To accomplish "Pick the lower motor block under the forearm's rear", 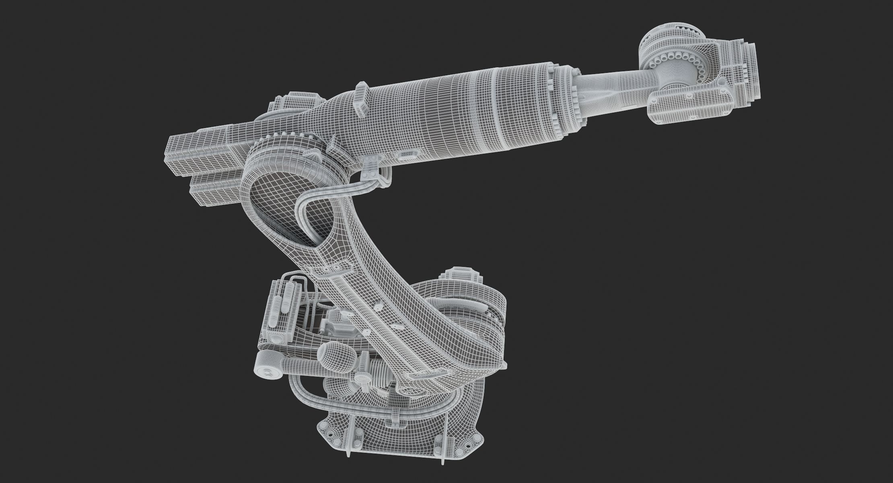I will pos(213,188).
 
